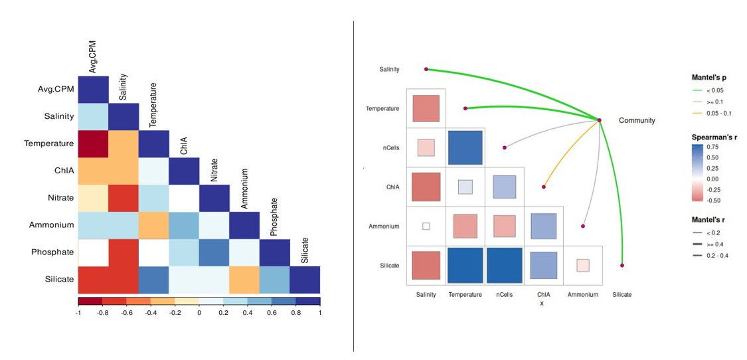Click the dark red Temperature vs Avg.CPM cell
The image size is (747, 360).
(x=93, y=143)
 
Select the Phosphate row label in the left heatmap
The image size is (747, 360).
(x=52, y=252)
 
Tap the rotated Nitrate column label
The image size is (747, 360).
(x=213, y=170)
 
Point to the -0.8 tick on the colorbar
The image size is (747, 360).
(x=103, y=312)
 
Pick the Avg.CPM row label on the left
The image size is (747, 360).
(x=52, y=90)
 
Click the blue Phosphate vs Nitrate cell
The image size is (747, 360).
(x=214, y=252)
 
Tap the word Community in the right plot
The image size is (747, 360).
(x=637, y=120)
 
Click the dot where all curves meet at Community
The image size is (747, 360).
(x=599, y=120)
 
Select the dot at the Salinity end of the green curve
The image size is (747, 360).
(x=426, y=69)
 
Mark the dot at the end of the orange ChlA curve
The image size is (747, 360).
(x=544, y=187)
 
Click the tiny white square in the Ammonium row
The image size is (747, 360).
(x=426, y=226)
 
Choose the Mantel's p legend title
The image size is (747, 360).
(x=711, y=77)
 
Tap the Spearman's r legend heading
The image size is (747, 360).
(x=715, y=136)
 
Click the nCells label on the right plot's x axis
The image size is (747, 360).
(x=504, y=294)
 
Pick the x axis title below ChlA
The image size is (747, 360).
(x=541, y=304)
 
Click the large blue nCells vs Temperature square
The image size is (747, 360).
(x=465, y=147)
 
